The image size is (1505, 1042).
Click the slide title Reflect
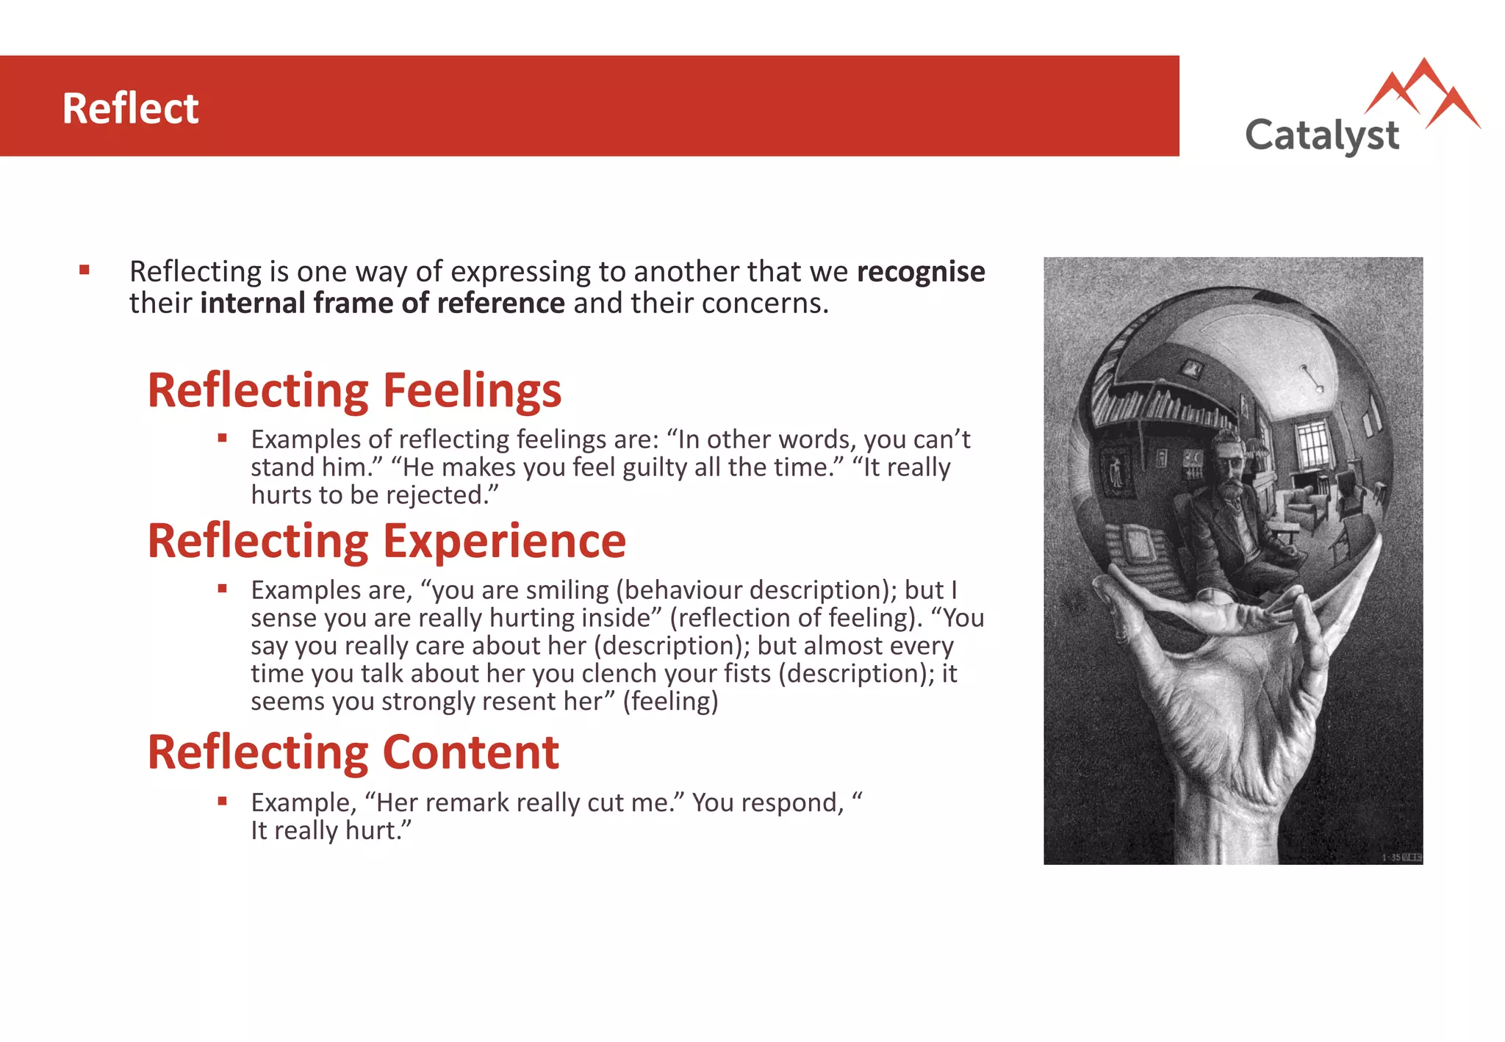coord(130,109)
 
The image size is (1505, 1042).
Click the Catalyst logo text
coord(1321,136)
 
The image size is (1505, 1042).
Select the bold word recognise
coord(920,272)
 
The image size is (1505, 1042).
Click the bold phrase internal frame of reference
coord(382,303)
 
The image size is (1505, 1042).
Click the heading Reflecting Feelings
coord(354,390)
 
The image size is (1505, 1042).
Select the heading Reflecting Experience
coord(387,541)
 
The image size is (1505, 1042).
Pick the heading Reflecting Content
coord(353,752)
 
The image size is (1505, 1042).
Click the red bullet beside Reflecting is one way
coord(85,270)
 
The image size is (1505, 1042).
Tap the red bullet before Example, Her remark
coord(222,800)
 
